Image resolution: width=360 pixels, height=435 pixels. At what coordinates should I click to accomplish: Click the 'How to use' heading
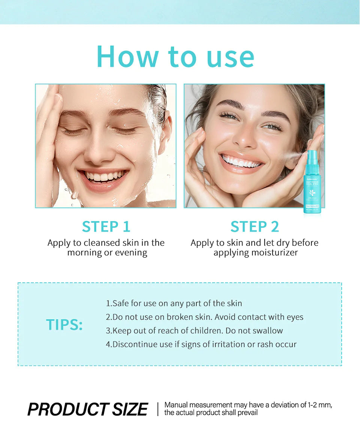coord(175,57)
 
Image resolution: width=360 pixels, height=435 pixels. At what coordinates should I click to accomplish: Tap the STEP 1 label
coord(106,227)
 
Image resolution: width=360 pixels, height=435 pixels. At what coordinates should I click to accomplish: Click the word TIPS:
coord(64,324)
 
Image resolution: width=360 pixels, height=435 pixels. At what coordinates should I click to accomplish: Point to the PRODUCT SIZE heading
coord(88,409)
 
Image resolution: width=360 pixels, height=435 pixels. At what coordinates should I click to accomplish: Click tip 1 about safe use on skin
coord(174,303)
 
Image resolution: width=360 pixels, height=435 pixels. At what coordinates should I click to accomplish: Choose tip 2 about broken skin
coord(204,317)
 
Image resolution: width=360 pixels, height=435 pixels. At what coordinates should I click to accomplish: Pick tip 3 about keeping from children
coord(194,331)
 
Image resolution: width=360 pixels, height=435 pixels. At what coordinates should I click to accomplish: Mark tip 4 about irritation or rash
coord(201,344)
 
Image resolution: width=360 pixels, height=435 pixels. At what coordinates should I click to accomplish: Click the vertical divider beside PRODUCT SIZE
coord(158,409)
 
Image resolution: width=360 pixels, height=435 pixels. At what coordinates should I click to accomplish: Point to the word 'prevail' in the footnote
coord(248,413)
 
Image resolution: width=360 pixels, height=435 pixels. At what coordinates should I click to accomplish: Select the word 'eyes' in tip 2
coord(295,317)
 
